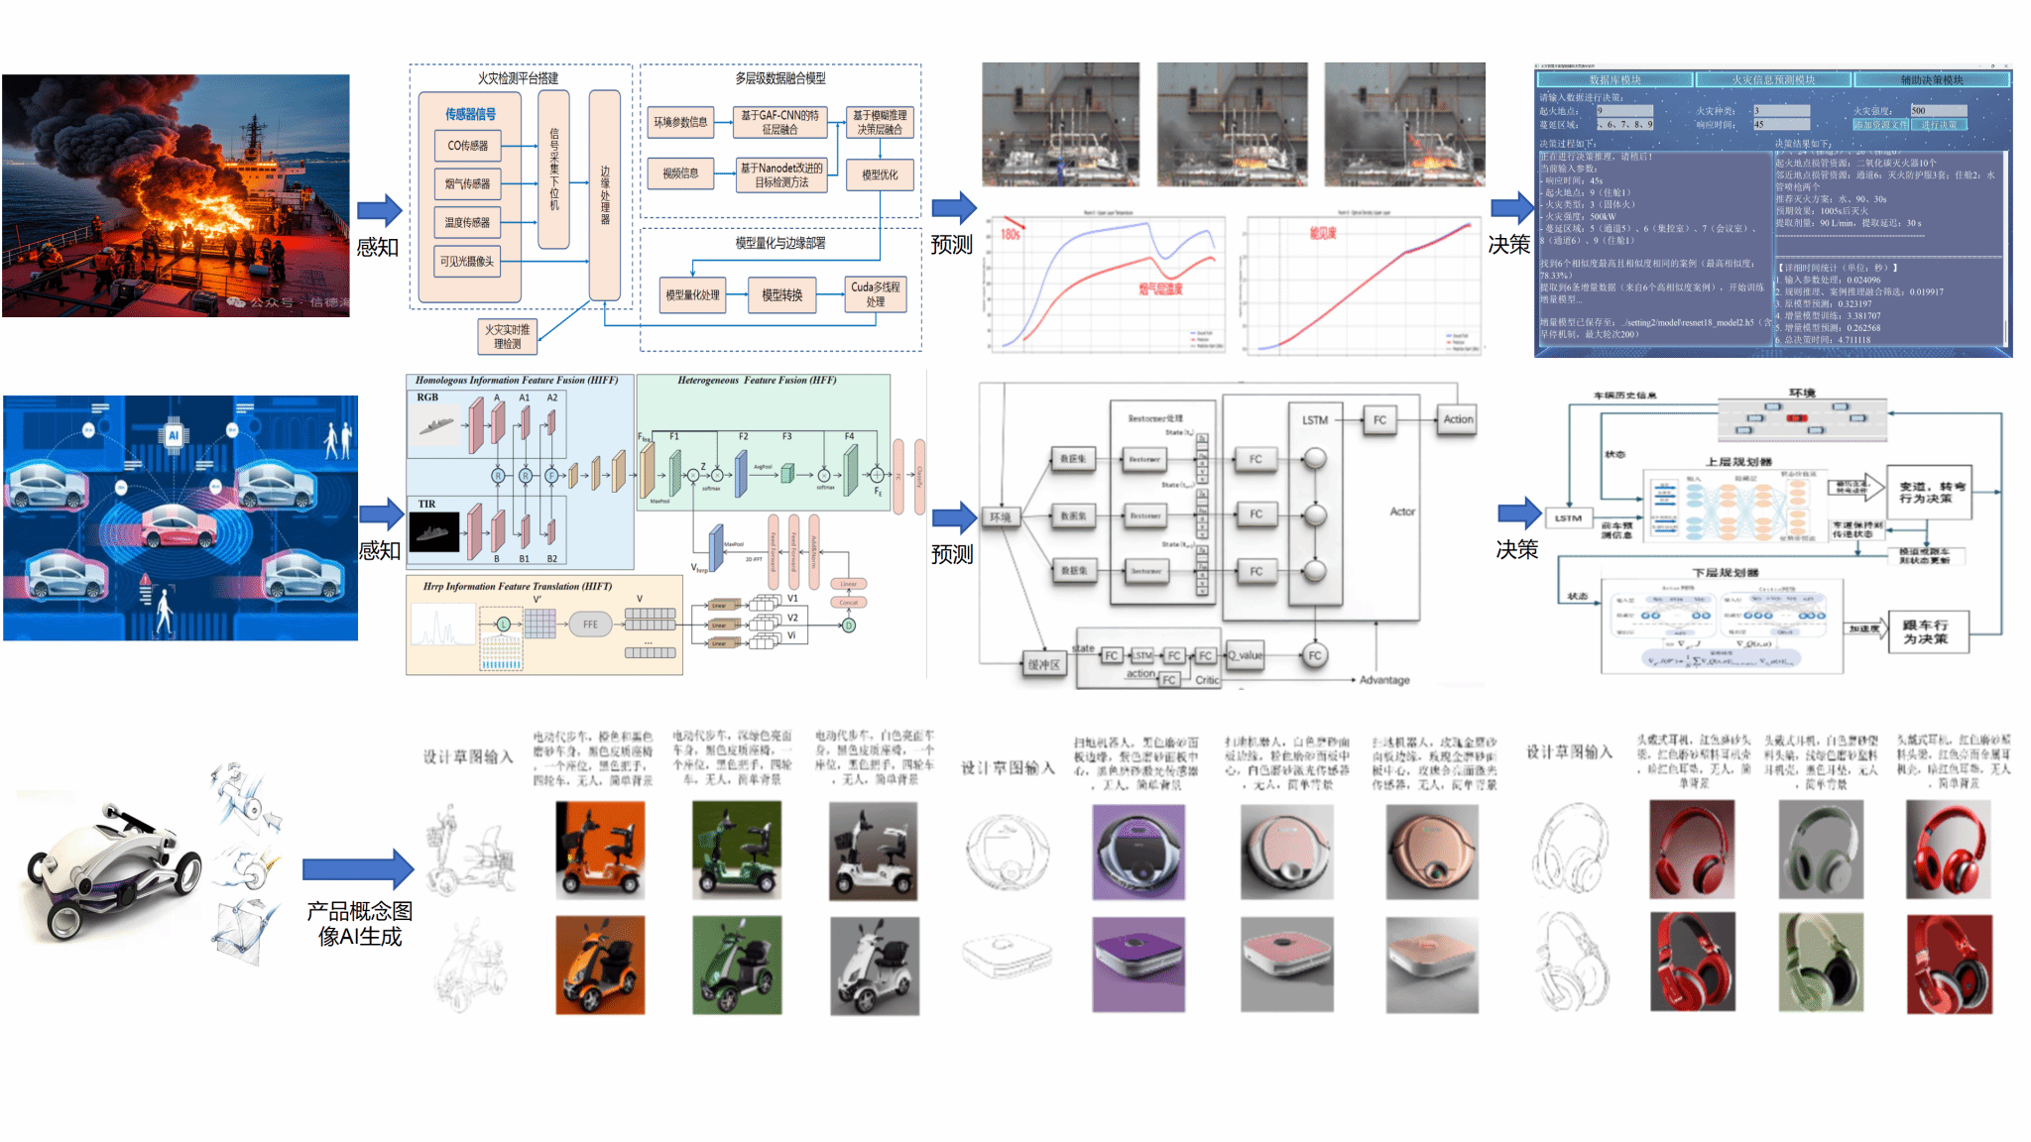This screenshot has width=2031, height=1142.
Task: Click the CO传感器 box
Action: [467, 146]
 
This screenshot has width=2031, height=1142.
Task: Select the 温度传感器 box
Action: [467, 222]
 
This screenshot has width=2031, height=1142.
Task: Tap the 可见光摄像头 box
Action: [467, 261]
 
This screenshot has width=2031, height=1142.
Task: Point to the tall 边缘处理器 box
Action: [605, 194]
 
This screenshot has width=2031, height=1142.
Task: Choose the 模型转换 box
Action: [781, 295]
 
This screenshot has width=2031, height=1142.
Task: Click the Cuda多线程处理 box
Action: [875, 294]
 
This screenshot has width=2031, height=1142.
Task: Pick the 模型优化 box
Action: [879, 174]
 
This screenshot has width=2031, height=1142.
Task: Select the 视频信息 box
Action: [680, 173]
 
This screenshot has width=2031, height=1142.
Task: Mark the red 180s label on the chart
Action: [1011, 235]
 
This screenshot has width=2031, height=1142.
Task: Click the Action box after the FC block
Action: [1457, 419]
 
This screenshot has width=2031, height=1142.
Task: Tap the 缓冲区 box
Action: [1044, 664]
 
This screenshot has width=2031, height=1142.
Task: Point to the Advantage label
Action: [1384, 680]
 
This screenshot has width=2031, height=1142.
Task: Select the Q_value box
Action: [1246, 655]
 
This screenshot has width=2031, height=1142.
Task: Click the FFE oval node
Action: [590, 624]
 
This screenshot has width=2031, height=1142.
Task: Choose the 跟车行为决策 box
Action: [1925, 631]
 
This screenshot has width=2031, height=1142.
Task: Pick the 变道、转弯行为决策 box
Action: [1929, 492]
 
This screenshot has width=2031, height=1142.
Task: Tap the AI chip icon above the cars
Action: [174, 434]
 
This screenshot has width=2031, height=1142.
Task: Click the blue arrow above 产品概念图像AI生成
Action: [357, 868]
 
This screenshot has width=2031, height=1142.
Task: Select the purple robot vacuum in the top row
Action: [1138, 852]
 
